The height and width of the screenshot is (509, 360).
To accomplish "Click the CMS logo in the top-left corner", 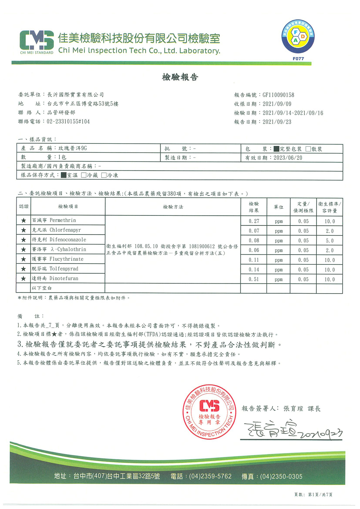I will click(37, 40).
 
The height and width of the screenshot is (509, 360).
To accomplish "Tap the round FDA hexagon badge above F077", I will click(298, 37).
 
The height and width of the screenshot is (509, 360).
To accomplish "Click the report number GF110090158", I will click(278, 95).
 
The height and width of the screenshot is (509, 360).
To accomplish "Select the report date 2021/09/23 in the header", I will click(277, 122).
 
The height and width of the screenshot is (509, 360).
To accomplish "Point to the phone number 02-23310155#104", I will click(68, 122).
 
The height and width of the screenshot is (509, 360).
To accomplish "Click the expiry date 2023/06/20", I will click(288, 158).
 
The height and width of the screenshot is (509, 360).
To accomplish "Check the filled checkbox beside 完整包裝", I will click(276, 149).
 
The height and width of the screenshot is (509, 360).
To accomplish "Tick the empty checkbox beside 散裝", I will click(308, 149).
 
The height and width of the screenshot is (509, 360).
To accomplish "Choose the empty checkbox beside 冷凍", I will click(104, 175).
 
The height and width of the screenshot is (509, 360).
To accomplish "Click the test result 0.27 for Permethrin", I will click(254, 221).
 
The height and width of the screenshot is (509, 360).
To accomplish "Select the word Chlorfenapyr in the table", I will click(65, 230).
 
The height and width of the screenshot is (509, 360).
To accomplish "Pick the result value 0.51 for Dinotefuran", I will click(254, 279).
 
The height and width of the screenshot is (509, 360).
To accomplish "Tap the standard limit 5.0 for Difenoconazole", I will click(329, 241).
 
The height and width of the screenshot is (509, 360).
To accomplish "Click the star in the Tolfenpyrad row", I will click(23, 269).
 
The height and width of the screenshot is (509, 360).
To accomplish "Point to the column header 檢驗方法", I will click(173, 207).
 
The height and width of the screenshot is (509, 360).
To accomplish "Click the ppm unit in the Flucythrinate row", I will click(279, 260).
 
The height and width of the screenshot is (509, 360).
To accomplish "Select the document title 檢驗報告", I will click(180, 77).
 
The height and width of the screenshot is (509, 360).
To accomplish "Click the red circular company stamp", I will click(210, 412).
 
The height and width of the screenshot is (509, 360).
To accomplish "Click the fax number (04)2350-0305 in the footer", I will click(281, 476).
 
